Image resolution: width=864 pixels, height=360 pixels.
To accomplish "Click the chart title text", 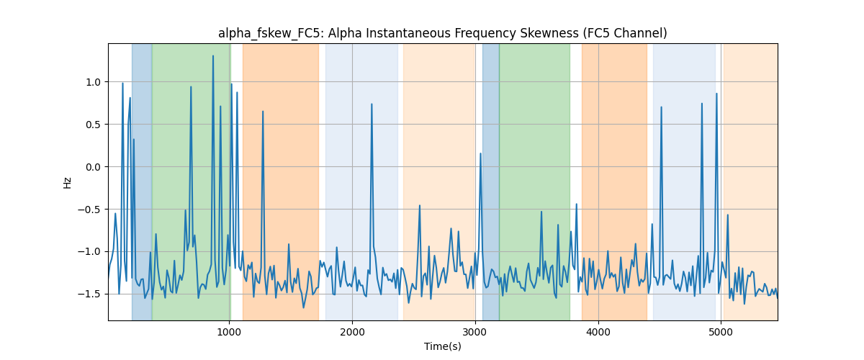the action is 442,34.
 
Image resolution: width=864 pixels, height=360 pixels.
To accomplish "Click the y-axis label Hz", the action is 68,183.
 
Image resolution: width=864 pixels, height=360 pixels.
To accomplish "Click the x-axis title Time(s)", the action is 442,346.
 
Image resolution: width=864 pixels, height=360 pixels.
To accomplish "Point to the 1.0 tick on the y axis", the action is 93,82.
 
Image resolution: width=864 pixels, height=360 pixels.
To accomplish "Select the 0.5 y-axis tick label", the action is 93,125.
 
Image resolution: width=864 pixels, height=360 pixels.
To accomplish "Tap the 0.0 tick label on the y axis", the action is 93,167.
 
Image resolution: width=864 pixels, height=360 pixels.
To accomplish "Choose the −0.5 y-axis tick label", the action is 89,210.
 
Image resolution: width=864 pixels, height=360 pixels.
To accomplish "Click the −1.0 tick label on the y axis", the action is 89,252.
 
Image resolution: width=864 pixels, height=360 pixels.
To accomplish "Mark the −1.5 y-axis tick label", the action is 89,294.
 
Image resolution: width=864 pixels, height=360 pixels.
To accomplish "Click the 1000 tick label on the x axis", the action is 229,332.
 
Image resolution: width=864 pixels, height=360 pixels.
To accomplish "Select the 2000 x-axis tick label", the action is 352,332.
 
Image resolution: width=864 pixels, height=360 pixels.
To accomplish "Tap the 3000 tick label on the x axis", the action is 475,332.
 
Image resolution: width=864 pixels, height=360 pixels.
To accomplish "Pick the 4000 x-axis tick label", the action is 598,332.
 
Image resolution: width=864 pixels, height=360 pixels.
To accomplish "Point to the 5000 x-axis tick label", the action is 721,332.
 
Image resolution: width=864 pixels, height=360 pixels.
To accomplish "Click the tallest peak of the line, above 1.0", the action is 213,55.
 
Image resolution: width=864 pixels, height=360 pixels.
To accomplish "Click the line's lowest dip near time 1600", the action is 304,307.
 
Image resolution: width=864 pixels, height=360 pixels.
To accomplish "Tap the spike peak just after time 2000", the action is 372,104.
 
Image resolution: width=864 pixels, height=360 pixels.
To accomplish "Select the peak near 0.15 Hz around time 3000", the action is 480,153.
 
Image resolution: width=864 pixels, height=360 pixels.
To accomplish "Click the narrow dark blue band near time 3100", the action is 490,181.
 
